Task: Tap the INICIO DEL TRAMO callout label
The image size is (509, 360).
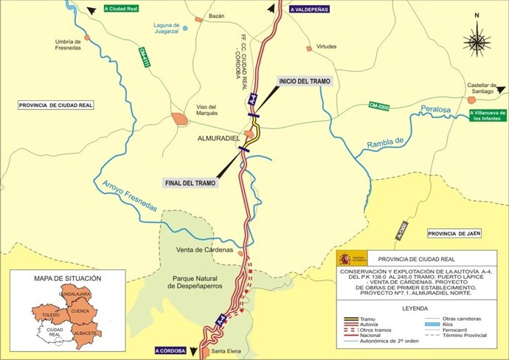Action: [x=304, y=80]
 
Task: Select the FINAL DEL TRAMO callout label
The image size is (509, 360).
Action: [x=192, y=182]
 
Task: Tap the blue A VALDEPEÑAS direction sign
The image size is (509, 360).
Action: [x=309, y=10]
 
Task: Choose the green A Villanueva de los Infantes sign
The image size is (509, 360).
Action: [x=486, y=115]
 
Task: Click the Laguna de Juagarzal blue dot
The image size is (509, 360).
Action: [x=185, y=29]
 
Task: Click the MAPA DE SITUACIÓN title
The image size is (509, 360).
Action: [x=68, y=279]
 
